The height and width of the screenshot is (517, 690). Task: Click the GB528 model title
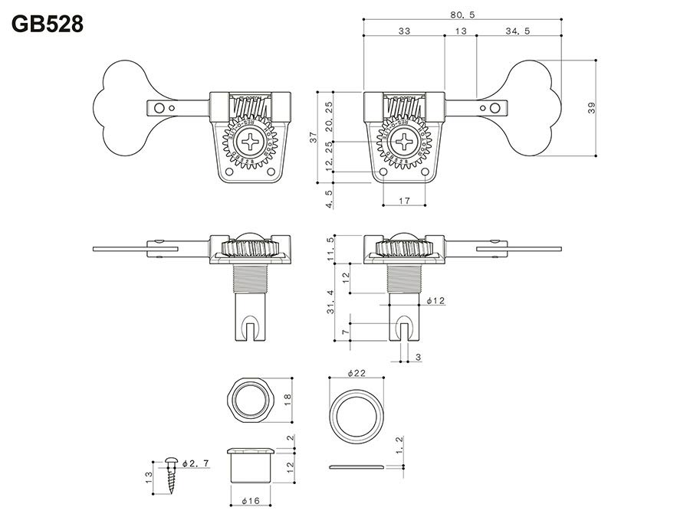tap(48, 24)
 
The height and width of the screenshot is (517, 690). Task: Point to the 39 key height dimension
tap(591, 108)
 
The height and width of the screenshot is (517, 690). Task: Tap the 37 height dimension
tap(312, 137)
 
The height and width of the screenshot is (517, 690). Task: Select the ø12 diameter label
tap(434, 301)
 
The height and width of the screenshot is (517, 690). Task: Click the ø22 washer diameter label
tap(356, 372)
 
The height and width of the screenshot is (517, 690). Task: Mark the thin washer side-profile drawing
tap(356, 466)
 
